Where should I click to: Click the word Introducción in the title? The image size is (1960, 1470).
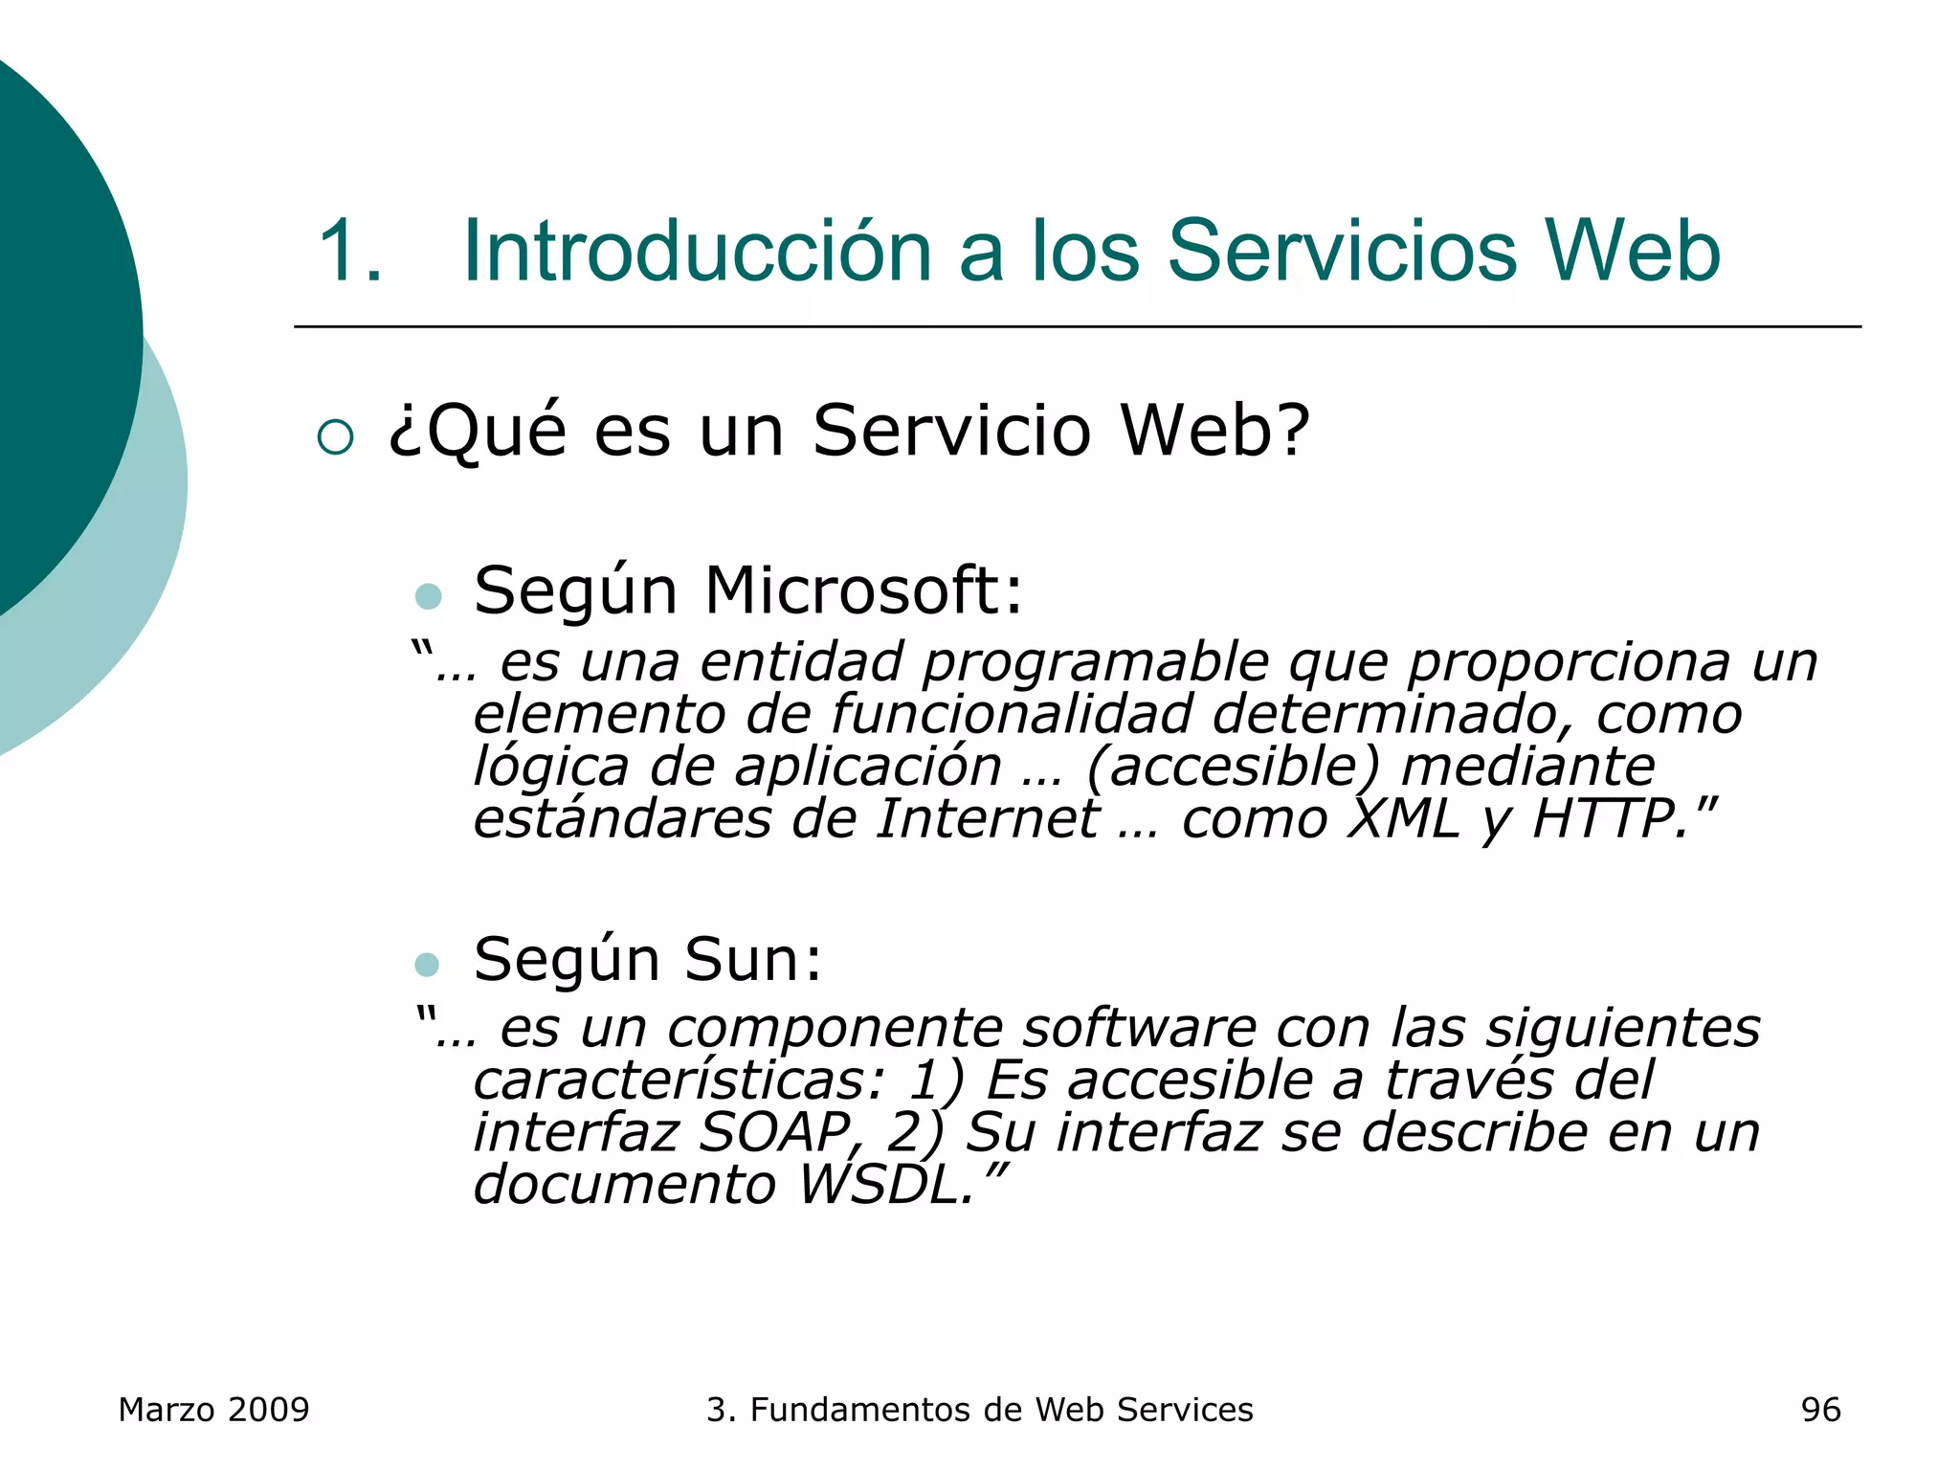tap(697, 251)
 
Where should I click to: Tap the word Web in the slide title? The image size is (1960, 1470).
tap(1633, 251)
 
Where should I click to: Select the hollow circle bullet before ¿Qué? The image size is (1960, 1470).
tap(335, 437)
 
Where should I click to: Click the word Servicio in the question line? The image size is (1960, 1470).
tap(951, 431)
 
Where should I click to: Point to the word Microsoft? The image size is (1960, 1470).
tap(863, 590)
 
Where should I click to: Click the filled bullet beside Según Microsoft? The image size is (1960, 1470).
tap(428, 596)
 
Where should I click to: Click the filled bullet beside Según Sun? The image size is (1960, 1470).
tap(427, 964)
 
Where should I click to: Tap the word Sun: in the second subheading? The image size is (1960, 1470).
tap(752, 959)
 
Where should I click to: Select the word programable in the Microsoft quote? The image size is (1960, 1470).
tap(1095, 662)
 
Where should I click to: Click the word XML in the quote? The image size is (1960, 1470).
tap(1403, 819)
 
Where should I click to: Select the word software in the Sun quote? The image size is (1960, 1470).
tap(1139, 1029)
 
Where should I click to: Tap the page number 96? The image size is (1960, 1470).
tap(1820, 1410)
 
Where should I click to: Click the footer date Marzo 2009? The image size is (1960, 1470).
tap(213, 1410)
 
